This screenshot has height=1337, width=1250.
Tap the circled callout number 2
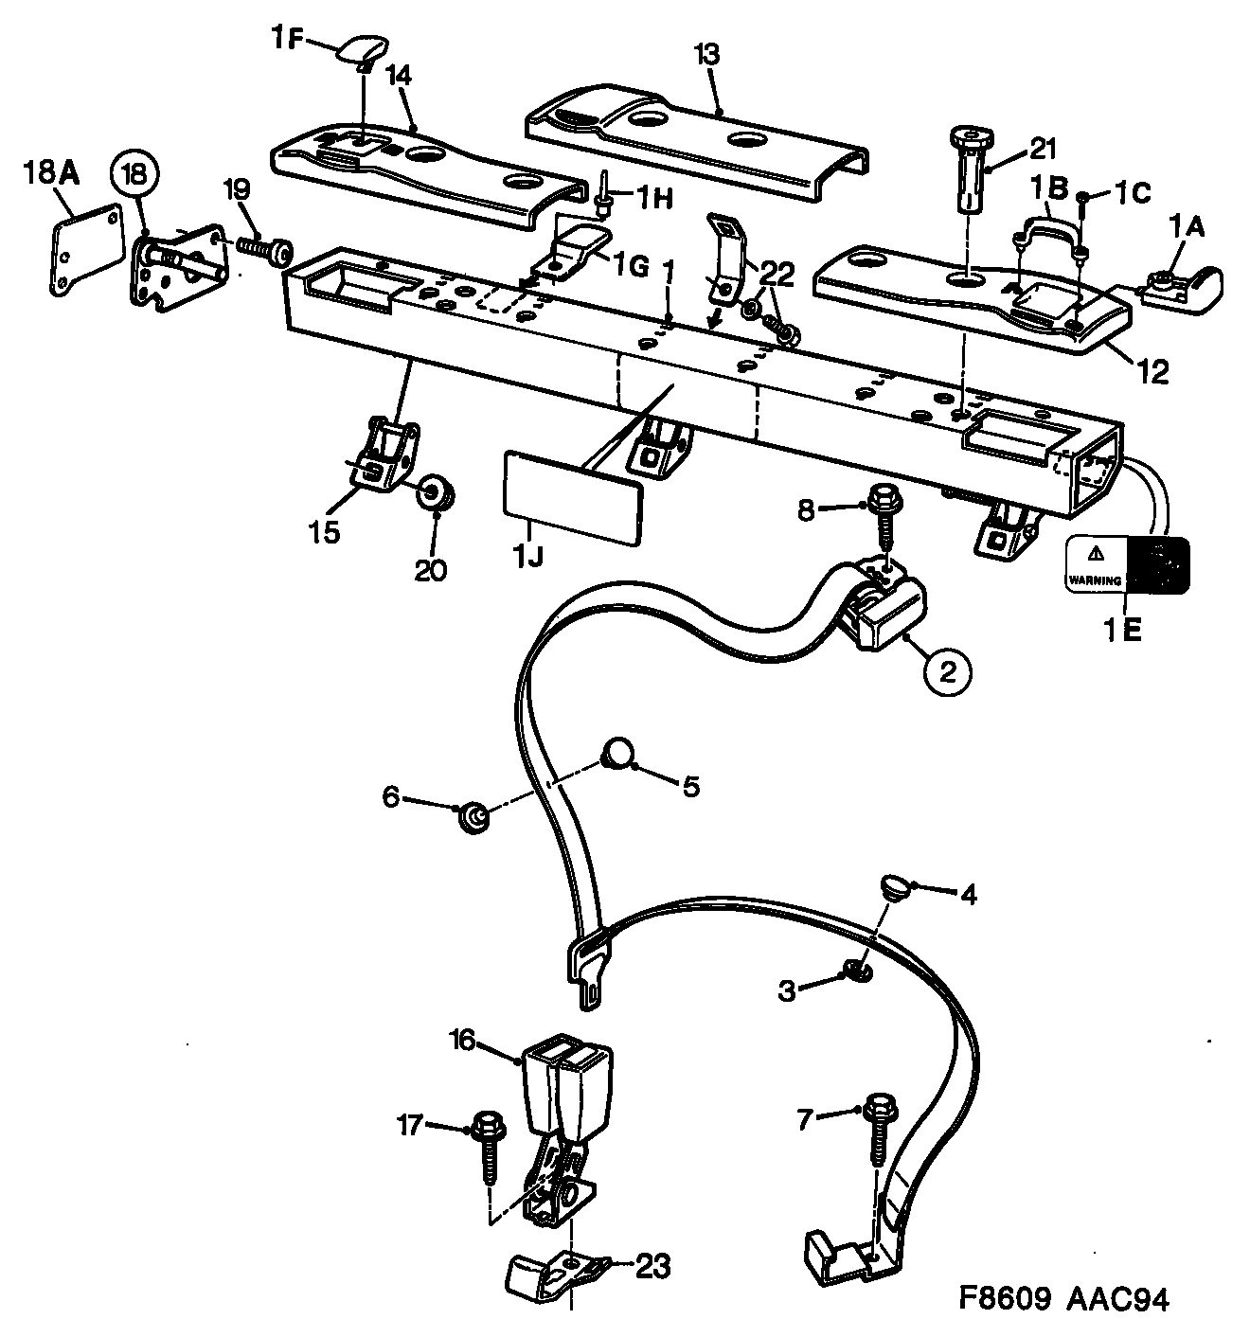click(x=947, y=670)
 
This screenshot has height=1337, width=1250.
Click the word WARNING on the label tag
click(x=1096, y=579)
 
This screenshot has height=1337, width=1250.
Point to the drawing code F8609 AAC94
click(x=1061, y=1299)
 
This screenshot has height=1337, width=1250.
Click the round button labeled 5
click(x=616, y=754)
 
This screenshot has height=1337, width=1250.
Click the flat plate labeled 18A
click(x=86, y=246)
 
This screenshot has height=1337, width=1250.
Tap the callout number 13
click(x=706, y=55)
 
